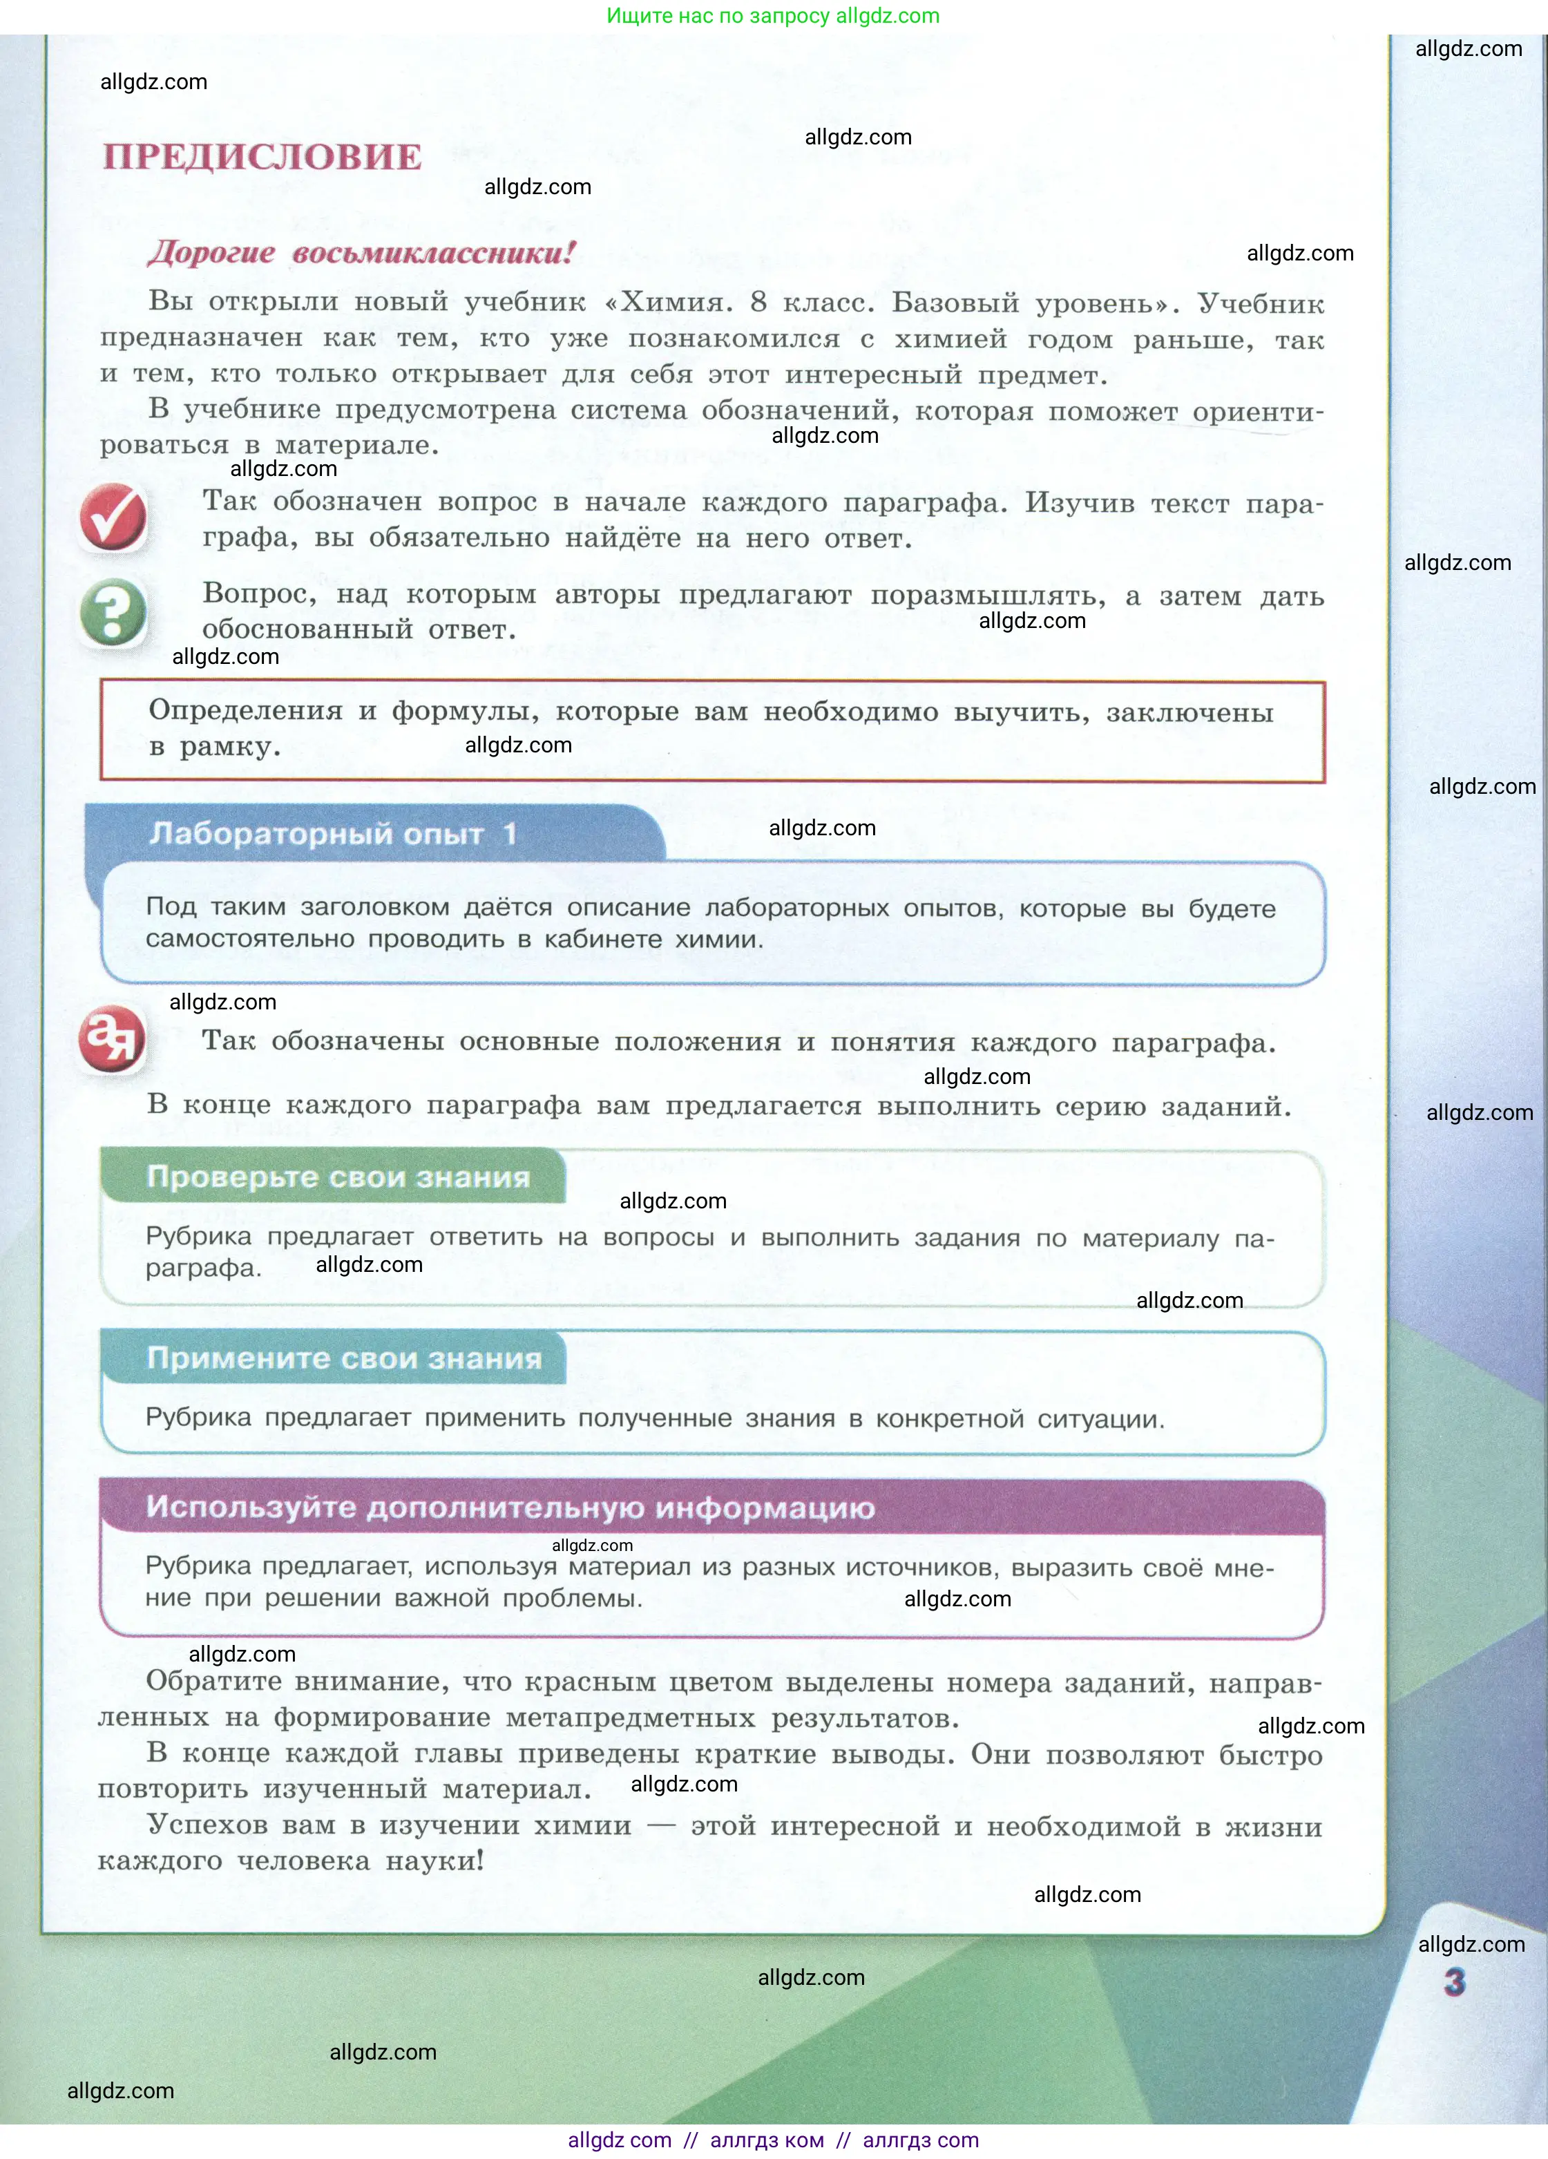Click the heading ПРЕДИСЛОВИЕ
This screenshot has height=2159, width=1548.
click(262, 157)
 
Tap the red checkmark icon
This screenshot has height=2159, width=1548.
click(113, 517)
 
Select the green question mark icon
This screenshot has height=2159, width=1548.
click(113, 612)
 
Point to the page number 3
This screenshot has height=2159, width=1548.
click(1454, 1982)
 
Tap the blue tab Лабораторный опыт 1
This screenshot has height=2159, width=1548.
click(333, 834)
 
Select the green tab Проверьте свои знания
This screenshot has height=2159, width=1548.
click(338, 1177)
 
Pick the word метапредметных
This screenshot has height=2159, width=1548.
click(630, 1718)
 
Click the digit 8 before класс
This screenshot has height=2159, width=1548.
click(758, 302)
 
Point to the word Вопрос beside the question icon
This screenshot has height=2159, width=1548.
click(260, 594)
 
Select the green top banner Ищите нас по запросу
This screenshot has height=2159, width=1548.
click(772, 16)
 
